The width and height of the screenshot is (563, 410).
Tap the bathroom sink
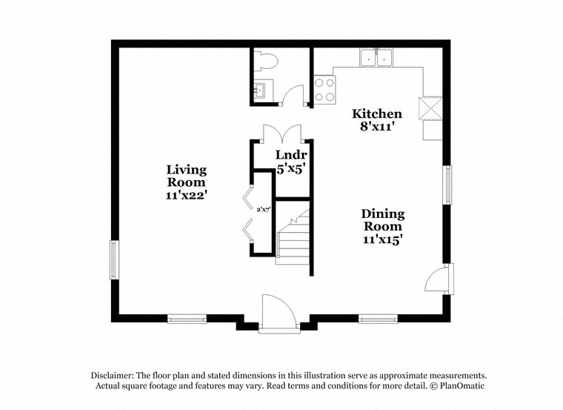click(x=260, y=92)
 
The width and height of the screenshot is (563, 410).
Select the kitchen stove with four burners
click(x=324, y=90)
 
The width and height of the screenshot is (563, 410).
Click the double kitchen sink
click(x=378, y=57)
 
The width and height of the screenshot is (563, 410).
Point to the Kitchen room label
click(x=376, y=113)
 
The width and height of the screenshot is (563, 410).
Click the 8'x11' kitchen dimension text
click(x=376, y=127)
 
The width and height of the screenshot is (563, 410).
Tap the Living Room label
click(x=186, y=175)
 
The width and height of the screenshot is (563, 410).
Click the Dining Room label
click(x=382, y=219)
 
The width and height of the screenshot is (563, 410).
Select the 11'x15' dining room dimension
click(x=382, y=239)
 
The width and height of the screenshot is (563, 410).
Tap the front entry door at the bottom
click(x=279, y=312)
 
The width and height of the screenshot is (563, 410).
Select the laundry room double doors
click(x=281, y=133)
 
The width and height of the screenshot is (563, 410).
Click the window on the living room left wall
click(x=114, y=259)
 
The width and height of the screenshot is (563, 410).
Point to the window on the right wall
click(x=447, y=184)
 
